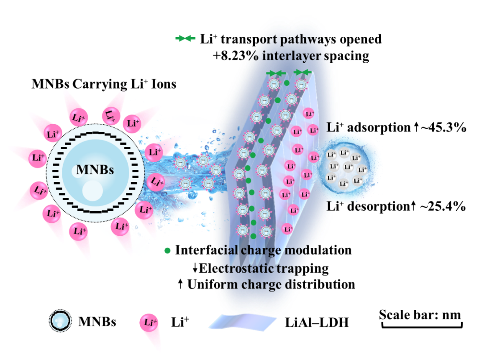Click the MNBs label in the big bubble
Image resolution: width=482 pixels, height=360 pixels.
pyautogui.click(x=95, y=170)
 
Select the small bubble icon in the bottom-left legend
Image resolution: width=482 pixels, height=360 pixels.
pyautogui.click(x=61, y=321)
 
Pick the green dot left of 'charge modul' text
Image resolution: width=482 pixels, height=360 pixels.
pyautogui.click(x=167, y=251)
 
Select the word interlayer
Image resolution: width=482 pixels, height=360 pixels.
pyautogui.click(x=290, y=56)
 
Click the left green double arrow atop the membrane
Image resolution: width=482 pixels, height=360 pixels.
pyautogui.click(x=277, y=73)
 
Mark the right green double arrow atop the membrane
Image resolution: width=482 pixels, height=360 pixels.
pyautogui.click(x=303, y=72)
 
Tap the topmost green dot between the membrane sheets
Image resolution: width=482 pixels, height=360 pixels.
pyautogui.click(x=287, y=83)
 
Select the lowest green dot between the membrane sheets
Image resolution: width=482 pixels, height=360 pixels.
pyautogui.click(x=253, y=236)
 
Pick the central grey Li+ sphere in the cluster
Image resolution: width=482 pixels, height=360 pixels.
pyautogui.click(x=348, y=167)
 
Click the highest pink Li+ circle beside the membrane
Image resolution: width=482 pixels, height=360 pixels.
pyautogui.click(x=309, y=114)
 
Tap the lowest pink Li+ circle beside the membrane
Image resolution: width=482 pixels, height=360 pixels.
pyautogui.click(x=287, y=229)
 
